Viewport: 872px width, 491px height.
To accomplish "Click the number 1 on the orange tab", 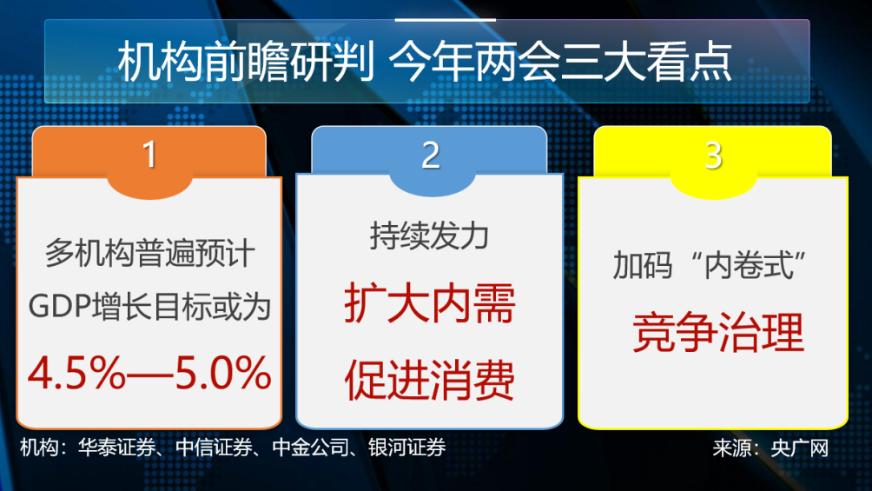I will pos(149,154).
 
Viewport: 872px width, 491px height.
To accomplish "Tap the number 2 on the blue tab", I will pos(431,154).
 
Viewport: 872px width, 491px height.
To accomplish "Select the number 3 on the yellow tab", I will pos(713,154).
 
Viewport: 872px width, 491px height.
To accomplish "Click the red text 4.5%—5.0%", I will pos(150,374).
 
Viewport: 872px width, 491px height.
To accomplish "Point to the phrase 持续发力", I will pos(430,236).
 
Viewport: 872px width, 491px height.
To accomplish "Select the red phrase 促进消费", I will pos(430,381).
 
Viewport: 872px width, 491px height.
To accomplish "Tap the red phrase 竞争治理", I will pos(717,333).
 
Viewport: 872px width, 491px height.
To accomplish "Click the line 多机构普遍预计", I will pos(150,255).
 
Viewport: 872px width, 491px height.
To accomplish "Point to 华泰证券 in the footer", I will pos(116,448).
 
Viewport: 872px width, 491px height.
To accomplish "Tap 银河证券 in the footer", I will pos(406,448).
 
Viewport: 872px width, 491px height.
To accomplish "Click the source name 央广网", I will pos(803,448).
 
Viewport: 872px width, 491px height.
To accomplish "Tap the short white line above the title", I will pos(445,19).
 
